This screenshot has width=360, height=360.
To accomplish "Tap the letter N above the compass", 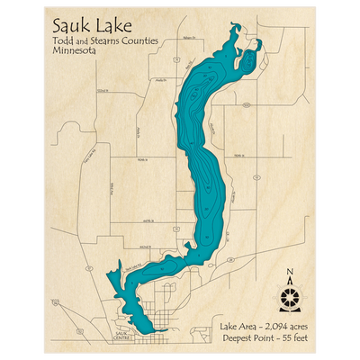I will click(x=287, y=273).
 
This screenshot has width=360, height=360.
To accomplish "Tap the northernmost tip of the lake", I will click(x=237, y=27).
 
